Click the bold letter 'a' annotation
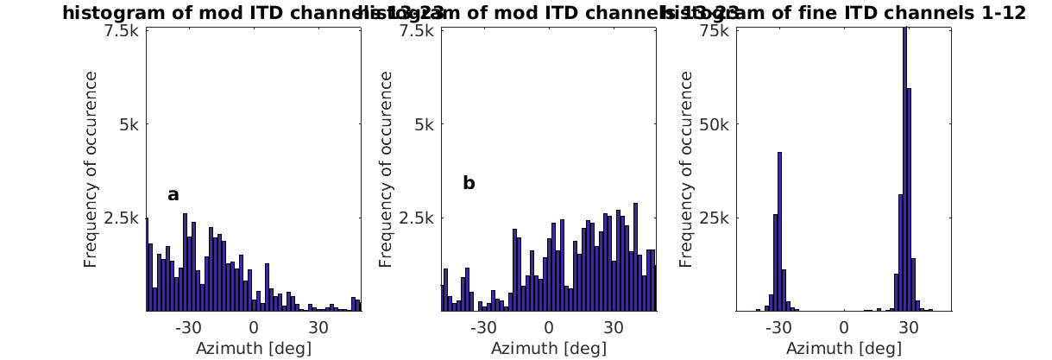pyautogui.click(x=173, y=195)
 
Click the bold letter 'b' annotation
pyautogui.click(x=469, y=183)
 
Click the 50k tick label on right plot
pyautogui.click(x=717, y=123)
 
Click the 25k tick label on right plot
pyautogui.click(x=717, y=217)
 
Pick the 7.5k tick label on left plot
pyautogui.click(x=122, y=30)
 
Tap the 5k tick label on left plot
pyautogui.click(x=129, y=123)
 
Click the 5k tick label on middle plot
pyautogui.click(x=425, y=123)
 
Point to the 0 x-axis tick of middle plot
pyautogui.click(x=549, y=328)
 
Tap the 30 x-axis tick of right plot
pyautogui.click(x=908, y=328)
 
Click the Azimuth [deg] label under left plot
pyautogui.click(x=253, y=348)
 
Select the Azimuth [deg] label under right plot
pyautogui.click(x=843, y=348)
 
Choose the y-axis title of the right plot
pyautogui.click(x=686, y=169)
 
